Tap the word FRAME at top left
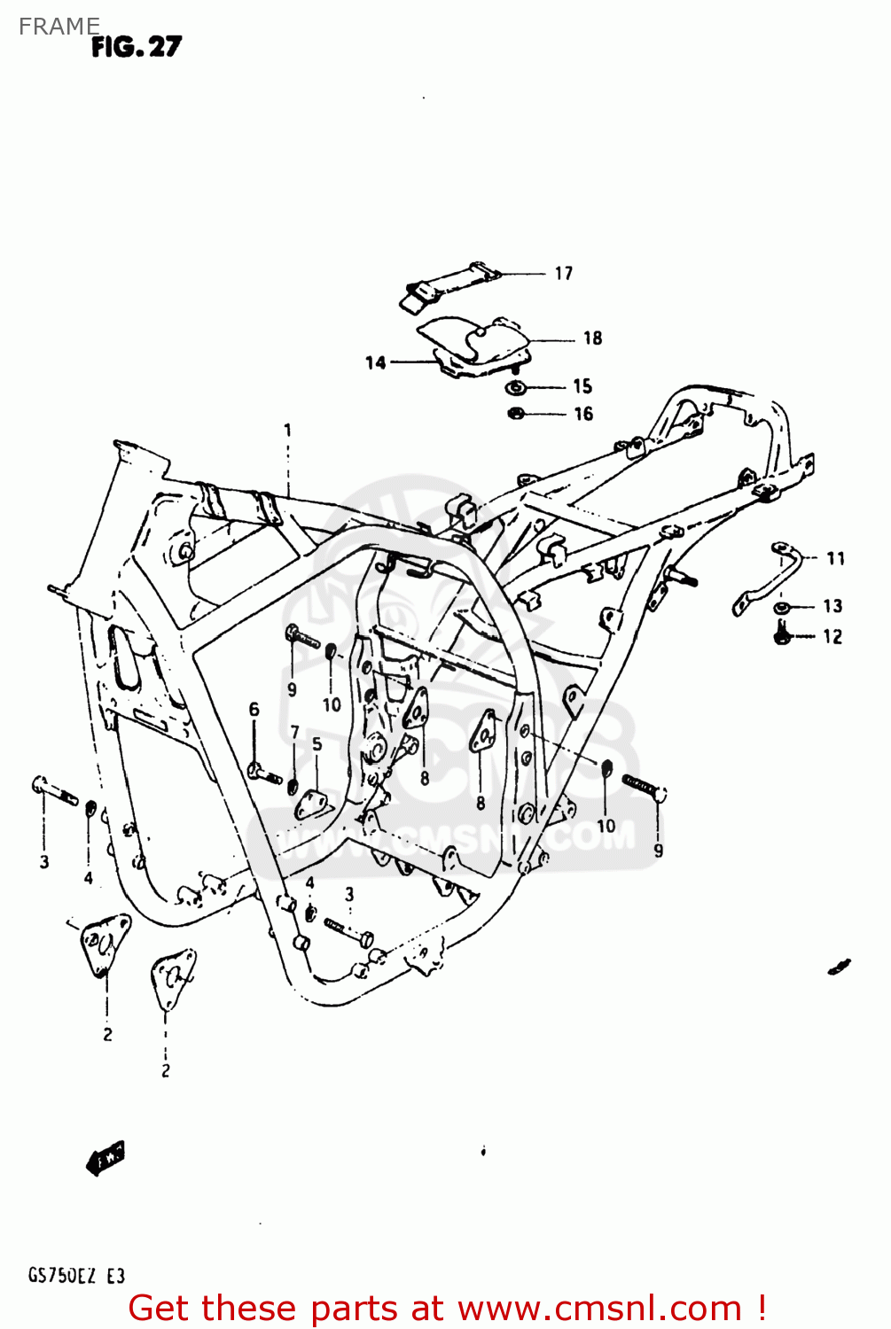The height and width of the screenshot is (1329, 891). tap(59, 27)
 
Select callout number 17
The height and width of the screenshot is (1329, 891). tap(564, 274)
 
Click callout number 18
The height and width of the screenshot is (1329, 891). tap(592, 338)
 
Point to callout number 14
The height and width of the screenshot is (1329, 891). tap(376, 362)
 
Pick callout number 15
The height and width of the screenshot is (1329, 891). tap(582, 386)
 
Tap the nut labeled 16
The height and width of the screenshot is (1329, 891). tap(516, 413)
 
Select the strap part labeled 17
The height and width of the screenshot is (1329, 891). tap(448, 284)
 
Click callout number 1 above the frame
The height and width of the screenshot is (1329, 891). tap(287, 431)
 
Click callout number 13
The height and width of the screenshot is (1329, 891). tap(832, 606)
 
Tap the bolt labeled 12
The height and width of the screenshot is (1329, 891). tap(781, 633)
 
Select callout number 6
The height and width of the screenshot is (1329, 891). tap(254, 709)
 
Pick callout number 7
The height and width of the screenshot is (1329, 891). tap(295, 733)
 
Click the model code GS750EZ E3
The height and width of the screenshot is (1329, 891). tap(76, 1276)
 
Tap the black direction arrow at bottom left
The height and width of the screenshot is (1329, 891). tap(106, 1157)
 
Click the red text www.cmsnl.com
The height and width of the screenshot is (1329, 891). tap(598, 1309)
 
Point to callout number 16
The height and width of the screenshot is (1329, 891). tap(582, 414)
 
